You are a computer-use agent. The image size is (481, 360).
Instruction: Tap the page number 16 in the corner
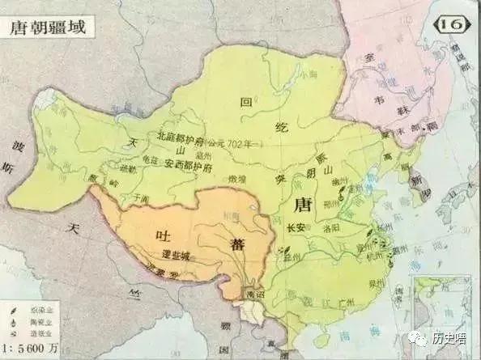(453, 25)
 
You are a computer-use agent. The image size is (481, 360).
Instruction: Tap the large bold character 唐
(304, 203)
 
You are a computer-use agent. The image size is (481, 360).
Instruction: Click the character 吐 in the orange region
(160, 232)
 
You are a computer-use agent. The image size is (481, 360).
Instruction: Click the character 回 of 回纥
(248, 103)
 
